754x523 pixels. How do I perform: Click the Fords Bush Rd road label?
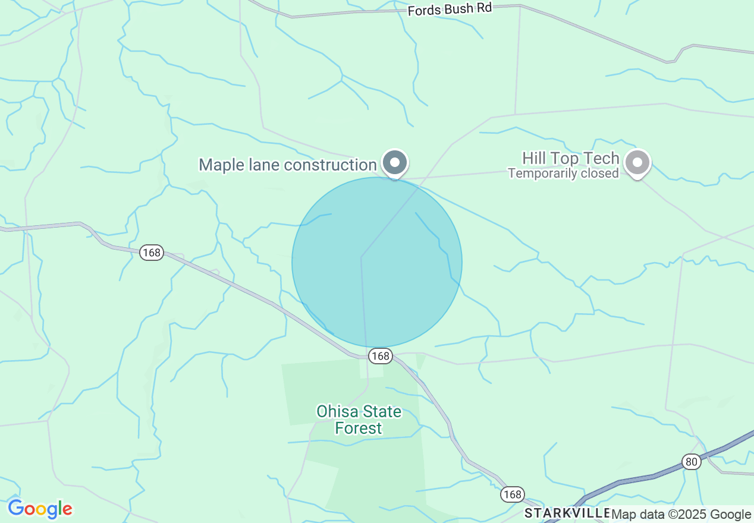point(450,10)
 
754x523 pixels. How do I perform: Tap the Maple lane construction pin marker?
point(394,162)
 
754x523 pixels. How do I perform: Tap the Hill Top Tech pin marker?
point(638,162)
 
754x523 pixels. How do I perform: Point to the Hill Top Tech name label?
point(570,158)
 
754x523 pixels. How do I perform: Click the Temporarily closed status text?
point(563,174)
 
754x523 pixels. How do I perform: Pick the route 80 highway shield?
point(691,462)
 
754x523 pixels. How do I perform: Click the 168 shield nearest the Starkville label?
point(512,494)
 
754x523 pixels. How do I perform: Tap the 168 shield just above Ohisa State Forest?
point(380,356)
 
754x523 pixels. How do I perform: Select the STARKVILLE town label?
point(567,513)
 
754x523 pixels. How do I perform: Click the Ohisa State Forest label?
point(359,420)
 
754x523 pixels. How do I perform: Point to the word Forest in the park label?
point(359,428)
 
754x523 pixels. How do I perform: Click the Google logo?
point(40,509)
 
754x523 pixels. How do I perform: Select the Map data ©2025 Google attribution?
point(681,514)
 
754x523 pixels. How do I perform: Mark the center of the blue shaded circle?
point(377,262)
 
